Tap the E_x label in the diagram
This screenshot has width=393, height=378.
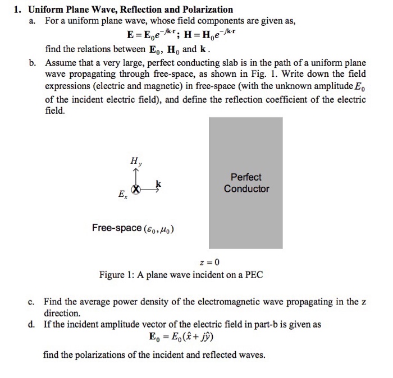(122, 195)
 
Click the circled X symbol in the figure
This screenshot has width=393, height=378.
(135, 190)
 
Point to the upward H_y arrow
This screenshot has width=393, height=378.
(135, 176)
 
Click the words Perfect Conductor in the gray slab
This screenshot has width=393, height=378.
(246, 183)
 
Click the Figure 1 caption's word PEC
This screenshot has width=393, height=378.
(253, 275)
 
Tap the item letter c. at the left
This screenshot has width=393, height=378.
(33, 302)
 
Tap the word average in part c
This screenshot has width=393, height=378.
(97, 302)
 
